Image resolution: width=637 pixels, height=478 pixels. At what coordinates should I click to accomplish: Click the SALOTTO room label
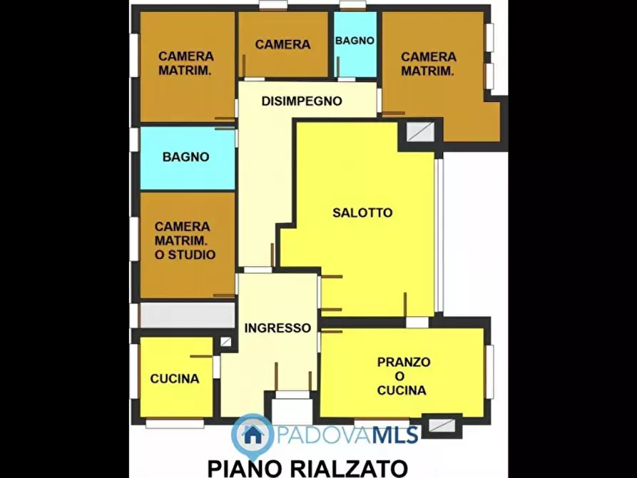click(x=362, y=213)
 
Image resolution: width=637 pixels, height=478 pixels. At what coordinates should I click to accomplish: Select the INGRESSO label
click(x=277, y=328)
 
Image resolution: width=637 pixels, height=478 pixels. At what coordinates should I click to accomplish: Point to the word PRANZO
click(x=403, y=362)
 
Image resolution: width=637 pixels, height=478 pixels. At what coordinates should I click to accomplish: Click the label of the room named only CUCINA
click(x=175, y=379)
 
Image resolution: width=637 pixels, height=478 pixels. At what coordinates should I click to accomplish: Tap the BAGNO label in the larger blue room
click(x=185, y=157)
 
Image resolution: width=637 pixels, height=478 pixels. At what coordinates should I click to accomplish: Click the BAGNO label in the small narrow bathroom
click(x=355, y=41)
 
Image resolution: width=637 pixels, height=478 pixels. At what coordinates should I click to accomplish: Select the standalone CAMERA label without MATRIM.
click(x=282, y=44)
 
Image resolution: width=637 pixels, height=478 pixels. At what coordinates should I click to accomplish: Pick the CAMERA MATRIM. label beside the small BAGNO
click(x=428, y=63)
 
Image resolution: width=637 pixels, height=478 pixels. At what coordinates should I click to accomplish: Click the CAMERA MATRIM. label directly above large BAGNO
click(x=185, y=63)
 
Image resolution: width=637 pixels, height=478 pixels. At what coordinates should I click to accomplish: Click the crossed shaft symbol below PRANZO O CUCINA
click(x=442, y=426)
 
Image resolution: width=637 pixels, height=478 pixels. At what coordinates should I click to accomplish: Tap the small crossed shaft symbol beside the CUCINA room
click(x=225, y=342)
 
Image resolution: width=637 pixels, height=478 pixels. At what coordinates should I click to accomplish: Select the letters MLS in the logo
click(x=392, y=433)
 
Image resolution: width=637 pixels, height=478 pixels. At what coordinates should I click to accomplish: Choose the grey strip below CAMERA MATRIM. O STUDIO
click(x=187, y=315)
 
